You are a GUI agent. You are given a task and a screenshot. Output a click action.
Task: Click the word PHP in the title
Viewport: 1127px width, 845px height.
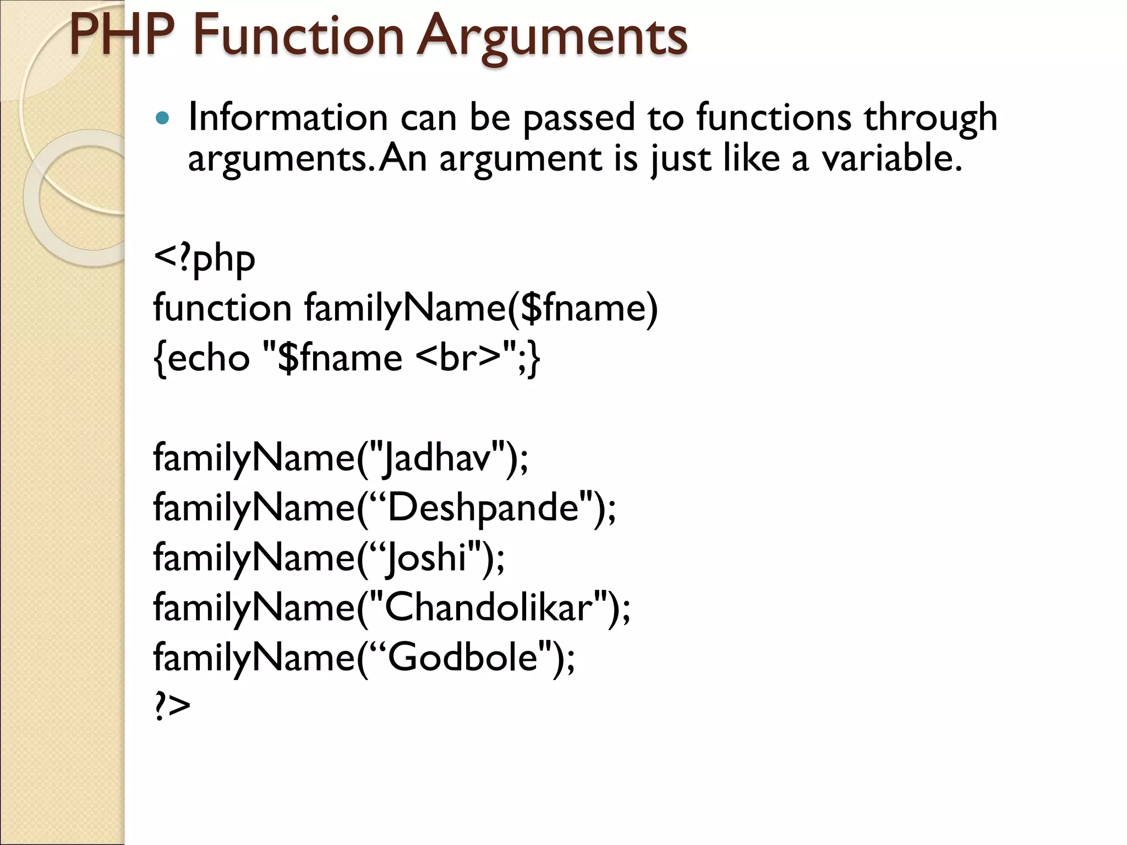point(122,36)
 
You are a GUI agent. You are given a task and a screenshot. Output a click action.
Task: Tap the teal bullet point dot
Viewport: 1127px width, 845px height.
point(162,118)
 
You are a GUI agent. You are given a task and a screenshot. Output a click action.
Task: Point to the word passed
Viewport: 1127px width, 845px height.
point(578,118)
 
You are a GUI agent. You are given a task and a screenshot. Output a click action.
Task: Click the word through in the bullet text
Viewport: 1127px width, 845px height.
point(930,118)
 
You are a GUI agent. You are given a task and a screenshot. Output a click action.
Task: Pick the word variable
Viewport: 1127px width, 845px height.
point(891,158)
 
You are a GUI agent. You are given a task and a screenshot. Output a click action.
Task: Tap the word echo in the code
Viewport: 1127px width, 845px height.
point(209,358)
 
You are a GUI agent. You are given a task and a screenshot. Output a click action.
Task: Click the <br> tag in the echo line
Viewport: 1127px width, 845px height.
point(458,358)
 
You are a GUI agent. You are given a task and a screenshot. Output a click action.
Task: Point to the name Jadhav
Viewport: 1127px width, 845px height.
point(437,458)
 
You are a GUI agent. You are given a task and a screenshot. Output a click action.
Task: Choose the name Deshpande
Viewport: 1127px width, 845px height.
point(484,507)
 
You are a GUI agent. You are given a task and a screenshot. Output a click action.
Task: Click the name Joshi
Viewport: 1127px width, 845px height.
point(427,557)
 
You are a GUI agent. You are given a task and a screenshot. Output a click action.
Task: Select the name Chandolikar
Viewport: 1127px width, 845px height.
point(489,607)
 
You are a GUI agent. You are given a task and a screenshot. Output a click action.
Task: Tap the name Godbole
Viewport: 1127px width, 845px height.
point(463,657)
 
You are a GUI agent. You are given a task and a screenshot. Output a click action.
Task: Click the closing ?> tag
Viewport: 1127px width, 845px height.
point(172,706)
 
